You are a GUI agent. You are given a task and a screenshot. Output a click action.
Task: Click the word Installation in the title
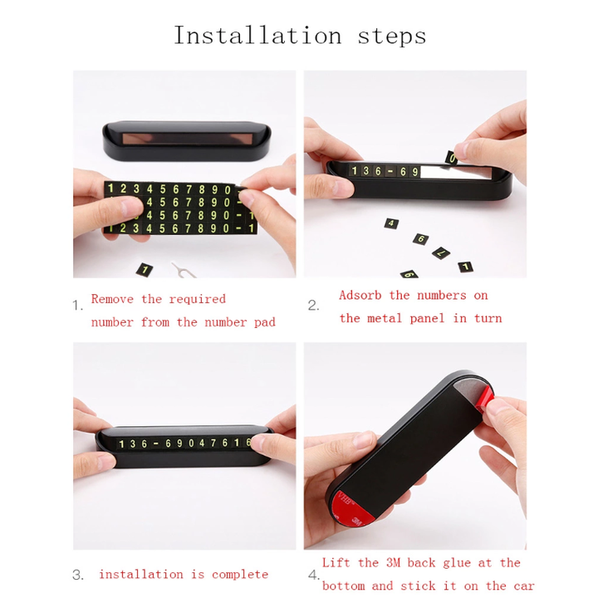point(257,36)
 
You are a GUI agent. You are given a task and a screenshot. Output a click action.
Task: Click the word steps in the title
point(392,37)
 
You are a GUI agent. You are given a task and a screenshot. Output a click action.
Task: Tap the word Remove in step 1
point(112,299)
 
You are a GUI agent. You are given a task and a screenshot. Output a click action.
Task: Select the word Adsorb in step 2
point(360,295)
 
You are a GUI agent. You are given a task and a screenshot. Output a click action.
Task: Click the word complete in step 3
point(240,575)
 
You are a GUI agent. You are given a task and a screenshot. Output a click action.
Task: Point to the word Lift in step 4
point(336,562)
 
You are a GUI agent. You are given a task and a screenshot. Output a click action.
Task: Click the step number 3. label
point(78,575)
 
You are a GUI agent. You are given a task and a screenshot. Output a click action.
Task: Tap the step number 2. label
point(313,306)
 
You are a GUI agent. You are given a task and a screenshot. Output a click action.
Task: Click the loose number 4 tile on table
point(391,223)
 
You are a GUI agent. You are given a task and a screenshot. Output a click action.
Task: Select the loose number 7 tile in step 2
point(441,252)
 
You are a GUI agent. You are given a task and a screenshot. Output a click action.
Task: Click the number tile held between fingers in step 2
point(452,158)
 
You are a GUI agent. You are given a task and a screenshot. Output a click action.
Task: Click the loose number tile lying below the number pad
point(145,270)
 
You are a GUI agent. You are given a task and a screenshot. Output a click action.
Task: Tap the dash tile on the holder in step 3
point(156,444)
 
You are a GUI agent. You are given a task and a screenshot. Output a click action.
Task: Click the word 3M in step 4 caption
point(393,562)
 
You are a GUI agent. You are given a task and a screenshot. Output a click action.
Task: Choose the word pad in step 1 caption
point(265,322)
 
